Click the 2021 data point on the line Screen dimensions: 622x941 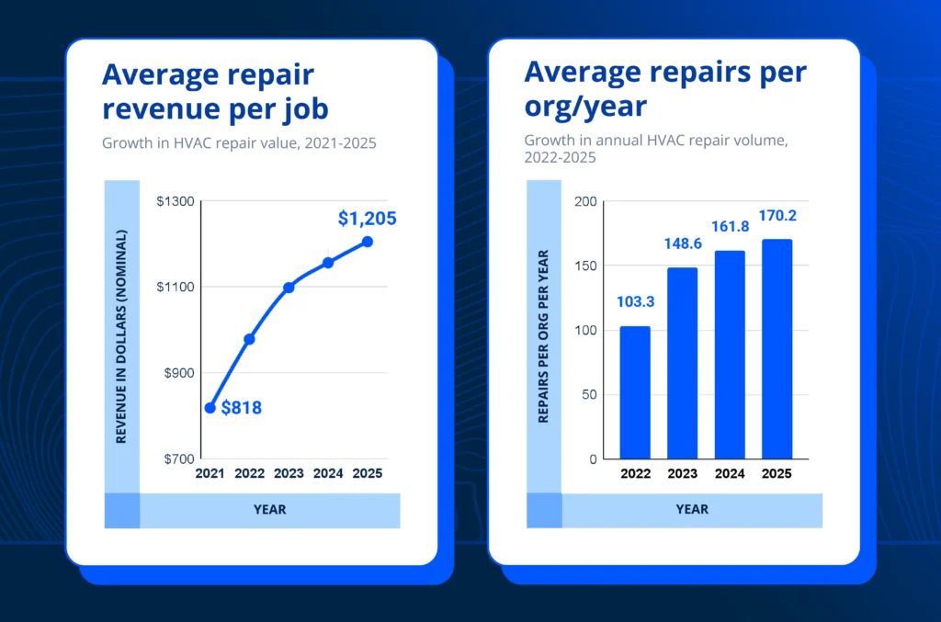pyautogui.click(x=210, y=408)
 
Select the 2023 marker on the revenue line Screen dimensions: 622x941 pyautogui.click(x=289, y=288)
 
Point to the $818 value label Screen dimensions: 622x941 pyautogui.click(x=242, y=408)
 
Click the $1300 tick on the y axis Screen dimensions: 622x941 pyautogui.click(x=174, y=201)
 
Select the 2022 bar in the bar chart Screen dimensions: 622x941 pyautogui.click(x=635, y=392)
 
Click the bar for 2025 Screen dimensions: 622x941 pyautogui.click(x=777, y=349)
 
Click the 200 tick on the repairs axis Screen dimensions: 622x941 pyautogui.click(x=585, y=201)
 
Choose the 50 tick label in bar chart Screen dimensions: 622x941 pyautogui.click(x=589, y=395)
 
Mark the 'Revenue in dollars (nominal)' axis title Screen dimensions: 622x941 pyautogui.click(x=121, y=336)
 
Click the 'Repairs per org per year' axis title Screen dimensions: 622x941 pyautogui.click(x=543, y=336)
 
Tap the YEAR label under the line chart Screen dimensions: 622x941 pyautogui.click(x=270, y=509)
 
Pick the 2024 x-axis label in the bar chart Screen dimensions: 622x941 pyautogui.click(x=730, y=474)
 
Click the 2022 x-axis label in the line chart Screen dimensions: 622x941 pyautogui.click(x=249, y=474)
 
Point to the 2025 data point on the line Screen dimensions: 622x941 pyautogui.click(x=368, y=242)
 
